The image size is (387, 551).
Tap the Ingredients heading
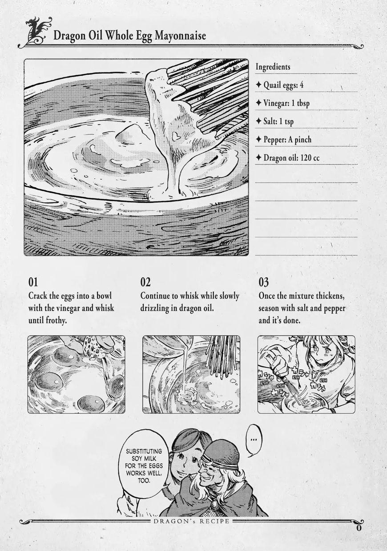[273, 67]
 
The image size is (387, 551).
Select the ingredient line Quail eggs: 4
[279, 85]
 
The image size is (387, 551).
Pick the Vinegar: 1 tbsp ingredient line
[282, 103]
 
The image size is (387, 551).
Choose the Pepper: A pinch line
[283, 139]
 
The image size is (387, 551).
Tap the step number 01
[33, 282]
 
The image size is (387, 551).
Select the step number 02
[145, 282]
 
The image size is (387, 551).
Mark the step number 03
[264, 282]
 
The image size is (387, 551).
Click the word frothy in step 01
[56, 321]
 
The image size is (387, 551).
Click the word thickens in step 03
[330, 296]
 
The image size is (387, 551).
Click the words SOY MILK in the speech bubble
[144, 458]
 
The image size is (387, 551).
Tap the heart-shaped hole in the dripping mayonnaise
[176, 136]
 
